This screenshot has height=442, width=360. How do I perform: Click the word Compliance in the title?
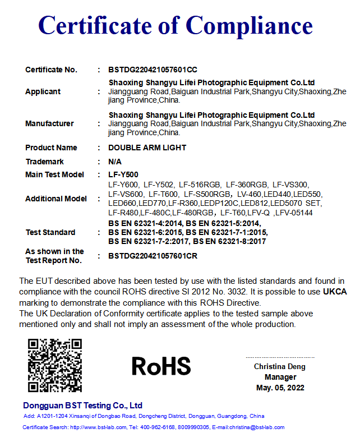[x=249, y=26]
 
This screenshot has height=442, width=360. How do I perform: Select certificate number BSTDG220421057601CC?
[x=153, y=70]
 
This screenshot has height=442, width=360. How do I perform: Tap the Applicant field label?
[x=43, y=91]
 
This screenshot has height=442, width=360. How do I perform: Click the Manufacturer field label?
[x=49, y=123]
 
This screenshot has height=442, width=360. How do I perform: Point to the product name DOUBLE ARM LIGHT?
[x=147, y=148]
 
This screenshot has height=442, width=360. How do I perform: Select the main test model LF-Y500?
[x=123, y=174]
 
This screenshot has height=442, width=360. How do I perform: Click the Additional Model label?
[x=56, y=199]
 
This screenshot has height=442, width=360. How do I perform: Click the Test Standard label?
[x=50, y=232]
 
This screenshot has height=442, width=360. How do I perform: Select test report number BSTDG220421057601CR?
[x=153, y=256]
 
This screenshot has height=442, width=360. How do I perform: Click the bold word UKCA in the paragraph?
[x=335, y=292]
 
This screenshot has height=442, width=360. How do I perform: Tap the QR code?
[x=55, y=365]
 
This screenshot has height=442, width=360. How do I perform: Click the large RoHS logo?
[x=161, y=366]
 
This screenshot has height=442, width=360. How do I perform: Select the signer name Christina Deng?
[x=280, y=367]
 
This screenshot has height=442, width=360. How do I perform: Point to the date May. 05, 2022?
[x=280, y=388]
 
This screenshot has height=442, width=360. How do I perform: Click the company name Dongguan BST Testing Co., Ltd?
[x=82, y=406]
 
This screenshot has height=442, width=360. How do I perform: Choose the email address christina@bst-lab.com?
[x=257, y=427]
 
